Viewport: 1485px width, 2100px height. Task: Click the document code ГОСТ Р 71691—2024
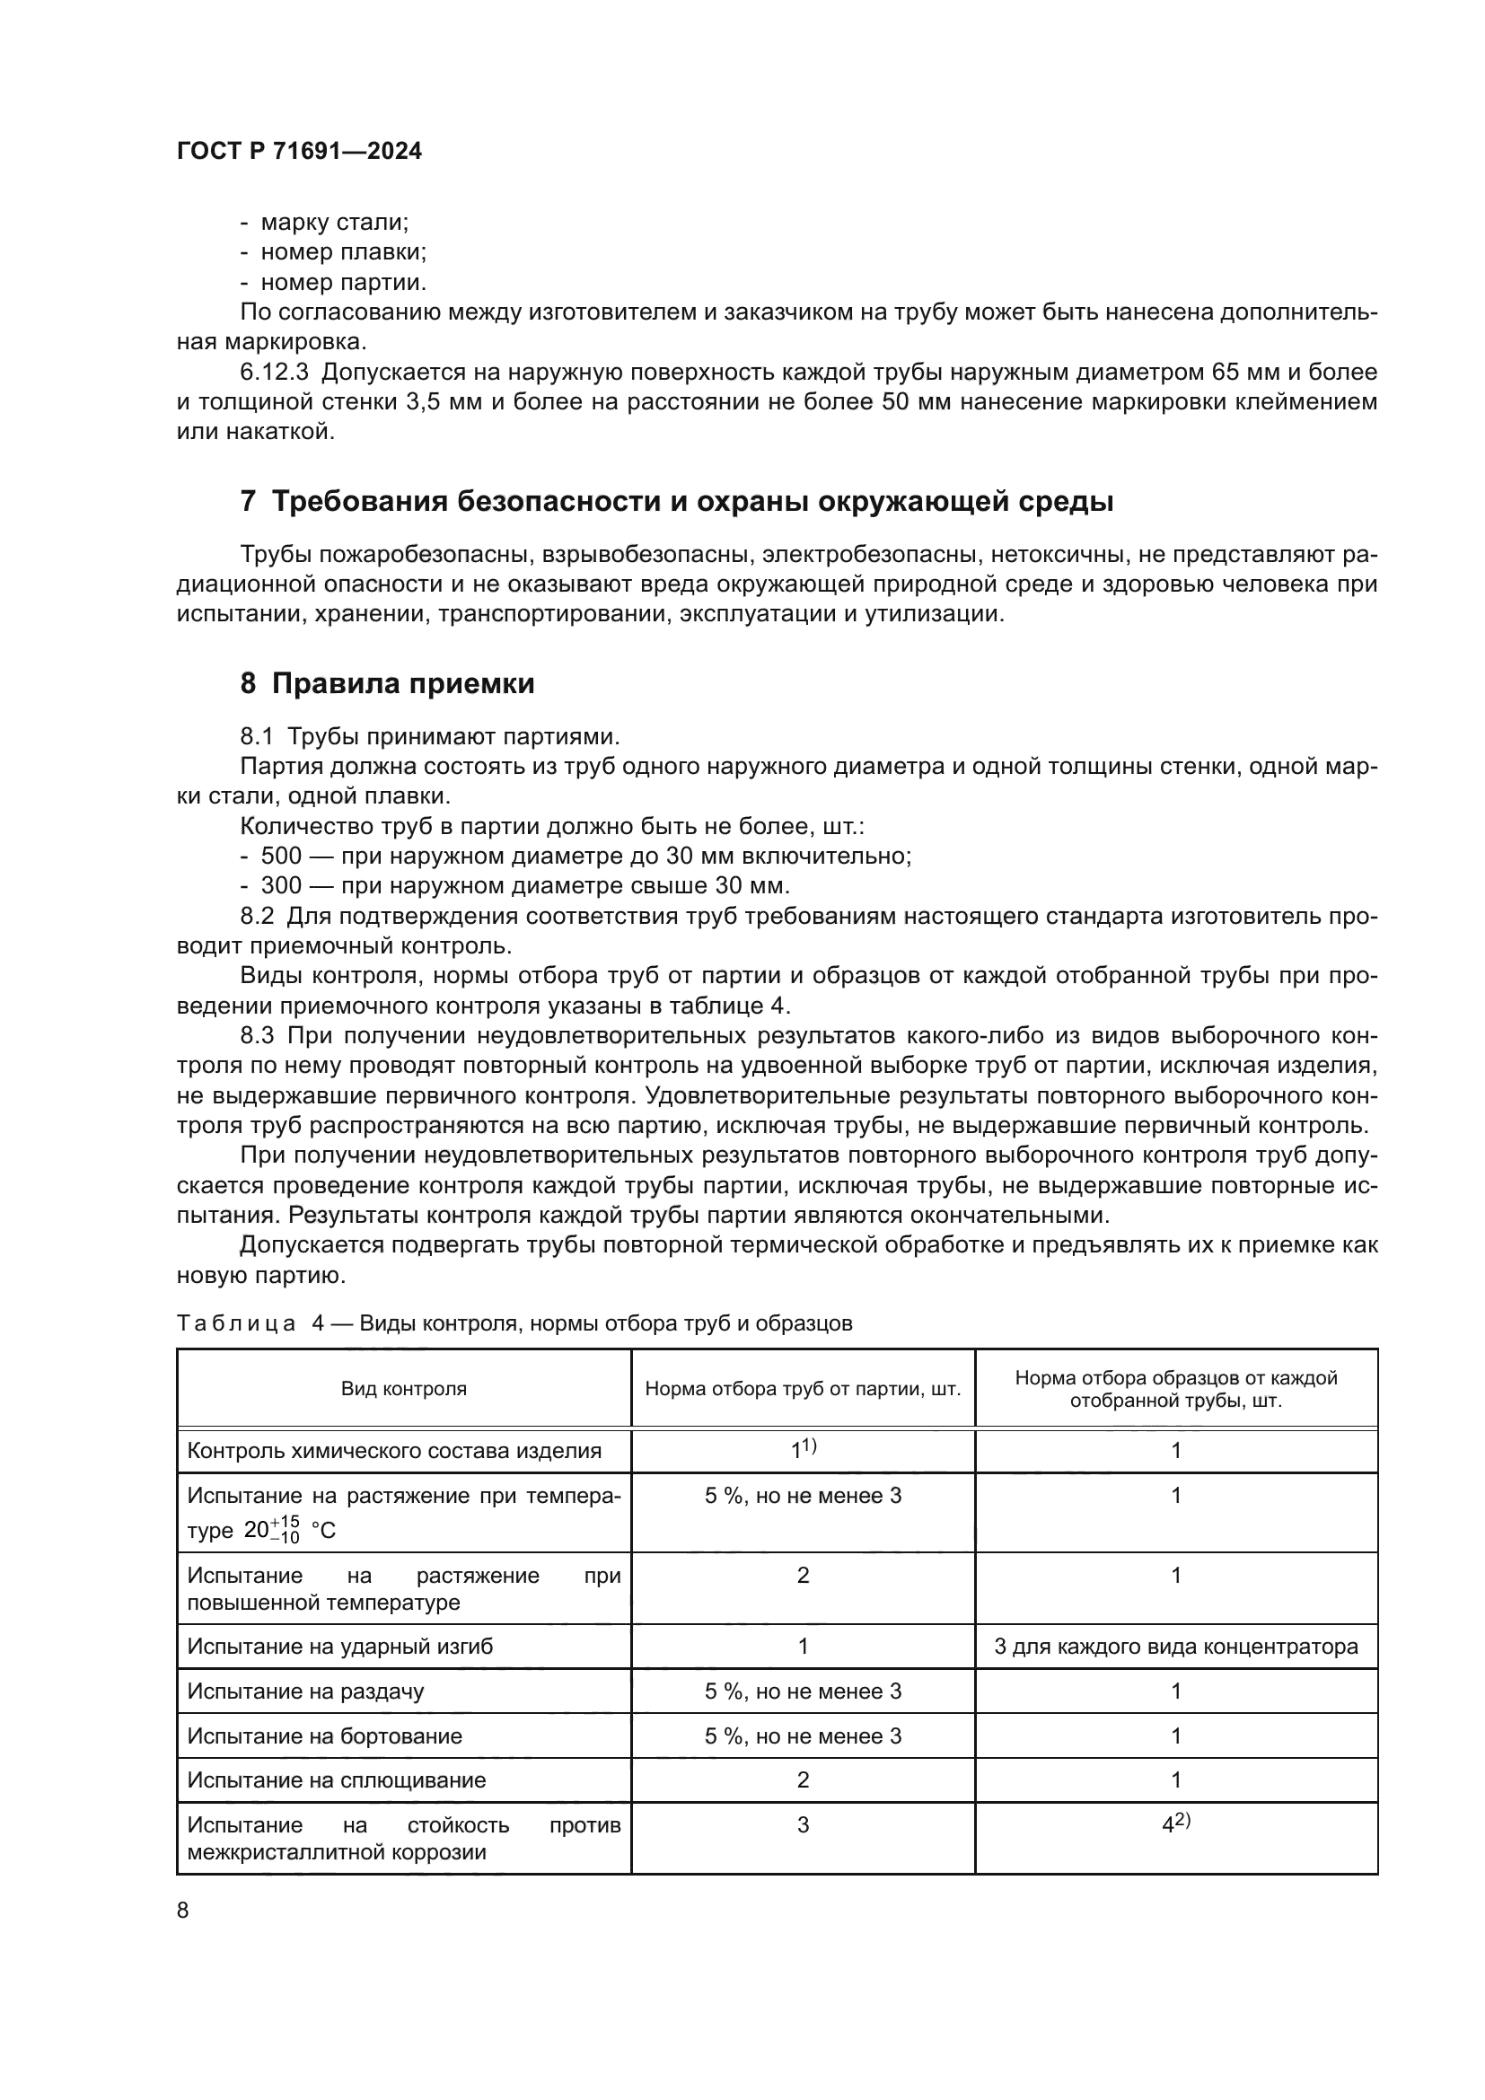pos(299,152)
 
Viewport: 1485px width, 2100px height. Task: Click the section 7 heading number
pos(248,502)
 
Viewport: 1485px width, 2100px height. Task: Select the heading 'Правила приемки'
pos(402,683)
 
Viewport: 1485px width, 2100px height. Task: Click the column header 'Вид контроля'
pos(403,1388)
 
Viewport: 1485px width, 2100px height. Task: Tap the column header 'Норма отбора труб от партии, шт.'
pos(802,1388)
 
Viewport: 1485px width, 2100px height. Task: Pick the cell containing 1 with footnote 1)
pos(803,1450)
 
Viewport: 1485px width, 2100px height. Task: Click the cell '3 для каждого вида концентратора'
pos(1175,1647)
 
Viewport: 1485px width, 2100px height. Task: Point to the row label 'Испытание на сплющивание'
pos(337,1779)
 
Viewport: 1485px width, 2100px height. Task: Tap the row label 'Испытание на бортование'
pos(325,1736)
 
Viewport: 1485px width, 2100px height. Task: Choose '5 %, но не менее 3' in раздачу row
pos(802,1691)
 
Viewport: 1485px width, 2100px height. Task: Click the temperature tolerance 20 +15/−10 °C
pos(289,1530)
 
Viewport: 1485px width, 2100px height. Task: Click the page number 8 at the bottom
pos(183,1910)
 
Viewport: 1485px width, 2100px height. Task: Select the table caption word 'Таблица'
pos(236,1323)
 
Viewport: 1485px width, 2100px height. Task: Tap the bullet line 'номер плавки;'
pos(344,251)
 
